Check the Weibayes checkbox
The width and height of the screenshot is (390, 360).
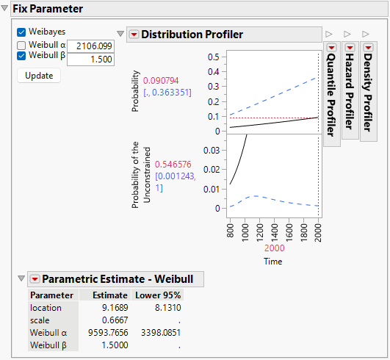21,32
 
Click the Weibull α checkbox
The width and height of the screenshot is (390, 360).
21,46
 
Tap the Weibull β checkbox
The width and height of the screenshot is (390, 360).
21,58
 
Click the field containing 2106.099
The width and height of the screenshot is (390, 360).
90,46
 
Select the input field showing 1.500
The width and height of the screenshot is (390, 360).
90,60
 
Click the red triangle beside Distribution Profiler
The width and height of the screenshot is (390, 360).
134,35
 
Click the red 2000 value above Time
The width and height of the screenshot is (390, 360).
272,248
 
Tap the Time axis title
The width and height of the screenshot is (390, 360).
272,261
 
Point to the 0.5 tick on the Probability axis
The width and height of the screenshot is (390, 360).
214,57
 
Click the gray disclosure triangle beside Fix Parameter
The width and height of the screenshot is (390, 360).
6,9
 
